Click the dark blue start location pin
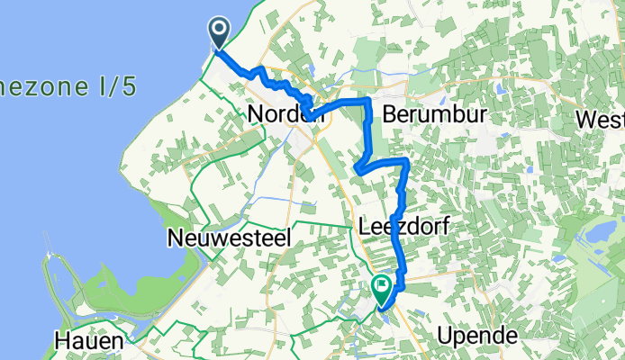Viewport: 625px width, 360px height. click(x=219, y=34)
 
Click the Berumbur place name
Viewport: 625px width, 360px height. click(x=434, y=114)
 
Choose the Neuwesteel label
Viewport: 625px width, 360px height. click(x=216, y=238)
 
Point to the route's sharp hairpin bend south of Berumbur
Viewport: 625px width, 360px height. click(x=359, y=166)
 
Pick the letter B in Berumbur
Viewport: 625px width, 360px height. click(x=389, y=114)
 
